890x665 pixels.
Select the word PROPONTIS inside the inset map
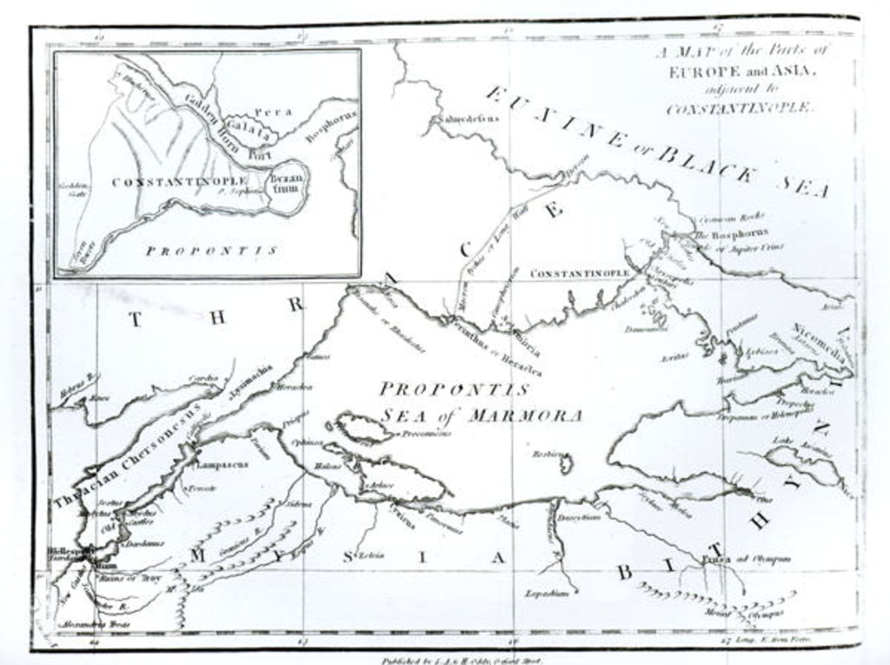pyautogui.click(x=211, y=250)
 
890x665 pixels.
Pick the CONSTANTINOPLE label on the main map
pyautogui.click(x=580, y=274)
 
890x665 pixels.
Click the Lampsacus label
pyautogui.click(x=222, y=464)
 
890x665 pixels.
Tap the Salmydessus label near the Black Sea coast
pyautogui.click(x=469, y=120)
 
